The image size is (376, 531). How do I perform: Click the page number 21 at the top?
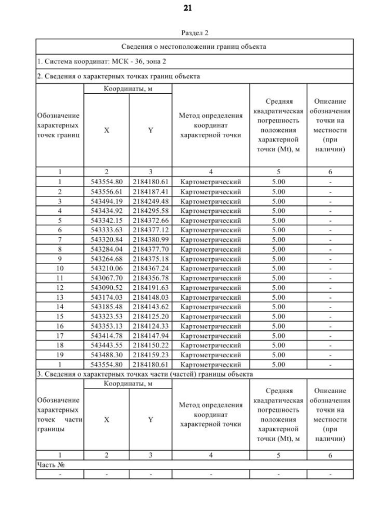[x=188, y=8]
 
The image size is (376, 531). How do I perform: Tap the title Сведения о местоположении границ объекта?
[x=194, y=46]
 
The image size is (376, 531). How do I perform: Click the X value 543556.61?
[x=106, y=191]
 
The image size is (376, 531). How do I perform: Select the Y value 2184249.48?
[x=150, y=201]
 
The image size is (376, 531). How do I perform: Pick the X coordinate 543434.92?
[x=106, y=210]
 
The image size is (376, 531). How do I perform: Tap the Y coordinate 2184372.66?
[x=150, y=219]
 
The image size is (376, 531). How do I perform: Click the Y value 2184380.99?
[x=150, y=239]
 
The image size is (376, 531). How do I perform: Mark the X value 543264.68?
[x=106, y=258]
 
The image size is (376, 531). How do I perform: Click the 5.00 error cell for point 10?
[x=278, y=267]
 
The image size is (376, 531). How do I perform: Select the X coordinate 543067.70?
[x=106, y=276]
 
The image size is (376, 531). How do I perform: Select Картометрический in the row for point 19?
[x=210, y=354]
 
